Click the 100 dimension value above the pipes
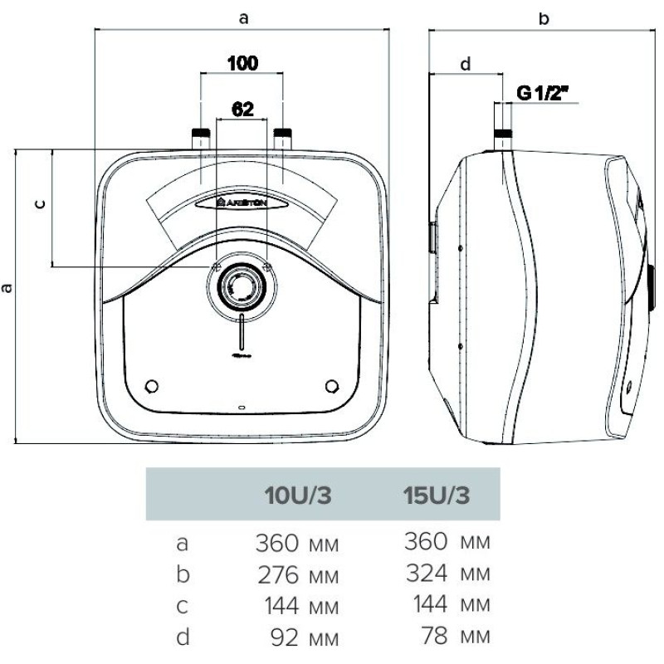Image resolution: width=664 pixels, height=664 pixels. (242, 63)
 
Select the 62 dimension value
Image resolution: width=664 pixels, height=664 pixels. (242, 109)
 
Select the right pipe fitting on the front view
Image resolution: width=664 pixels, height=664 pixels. (282, 138)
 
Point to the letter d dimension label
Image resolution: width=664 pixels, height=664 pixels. (465, 64)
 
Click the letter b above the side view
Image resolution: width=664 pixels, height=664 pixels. (544, 18)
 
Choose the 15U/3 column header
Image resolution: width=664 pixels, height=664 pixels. (436, 497)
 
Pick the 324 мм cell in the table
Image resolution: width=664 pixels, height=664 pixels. (447, 574)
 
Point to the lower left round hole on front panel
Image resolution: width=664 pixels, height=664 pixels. (151, 386)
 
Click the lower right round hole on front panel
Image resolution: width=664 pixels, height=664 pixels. (333, 386)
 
